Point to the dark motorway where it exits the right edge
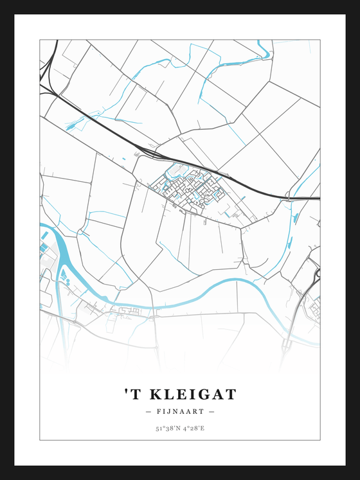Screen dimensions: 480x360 tap(315, 198)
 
